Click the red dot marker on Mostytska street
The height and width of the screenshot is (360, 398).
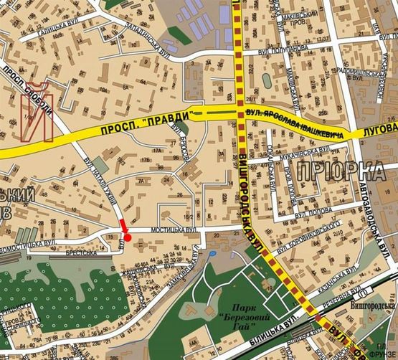(128, 237)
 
